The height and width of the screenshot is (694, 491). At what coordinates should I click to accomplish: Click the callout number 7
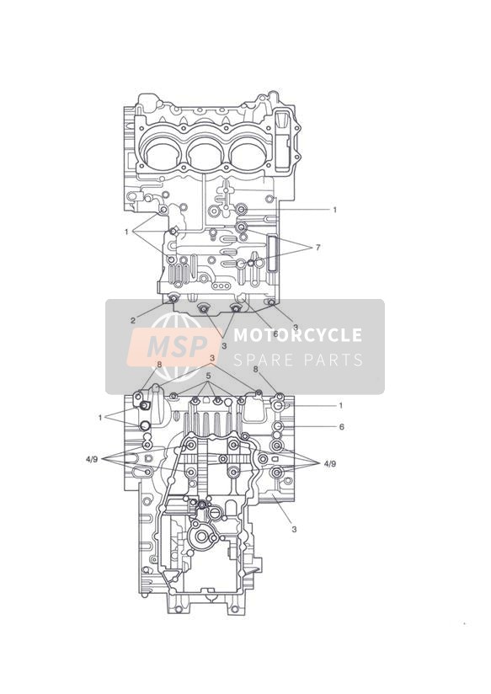point(318,248)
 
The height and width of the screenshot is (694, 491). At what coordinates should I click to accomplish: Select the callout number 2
point(133,321)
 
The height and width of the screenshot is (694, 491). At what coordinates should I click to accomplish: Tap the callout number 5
point(208,376)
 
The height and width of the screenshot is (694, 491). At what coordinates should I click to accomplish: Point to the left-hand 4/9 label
point(92,459)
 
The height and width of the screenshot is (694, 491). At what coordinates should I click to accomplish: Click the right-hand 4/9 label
point(330,464)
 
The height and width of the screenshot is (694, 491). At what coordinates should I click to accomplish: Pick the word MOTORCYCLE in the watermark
point(297,335)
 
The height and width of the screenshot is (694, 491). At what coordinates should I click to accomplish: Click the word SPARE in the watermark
point(264,360)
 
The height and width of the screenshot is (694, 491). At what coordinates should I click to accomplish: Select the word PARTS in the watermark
point(334,360)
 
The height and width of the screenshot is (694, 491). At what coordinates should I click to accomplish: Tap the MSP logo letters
point(178,346)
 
